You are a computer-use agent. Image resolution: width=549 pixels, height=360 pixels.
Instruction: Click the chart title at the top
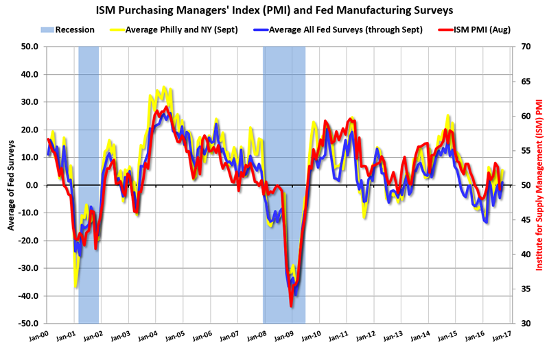(x=274, y=10)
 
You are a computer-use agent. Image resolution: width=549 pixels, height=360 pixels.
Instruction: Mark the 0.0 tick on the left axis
(x=32, y=185)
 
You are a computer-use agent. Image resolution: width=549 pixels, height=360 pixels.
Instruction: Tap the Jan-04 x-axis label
(x=150, y=336)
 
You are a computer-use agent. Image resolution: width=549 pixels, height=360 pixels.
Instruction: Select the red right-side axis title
(x=539, y=185)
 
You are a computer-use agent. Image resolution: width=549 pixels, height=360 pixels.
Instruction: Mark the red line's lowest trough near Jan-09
(x=291, y=305)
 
